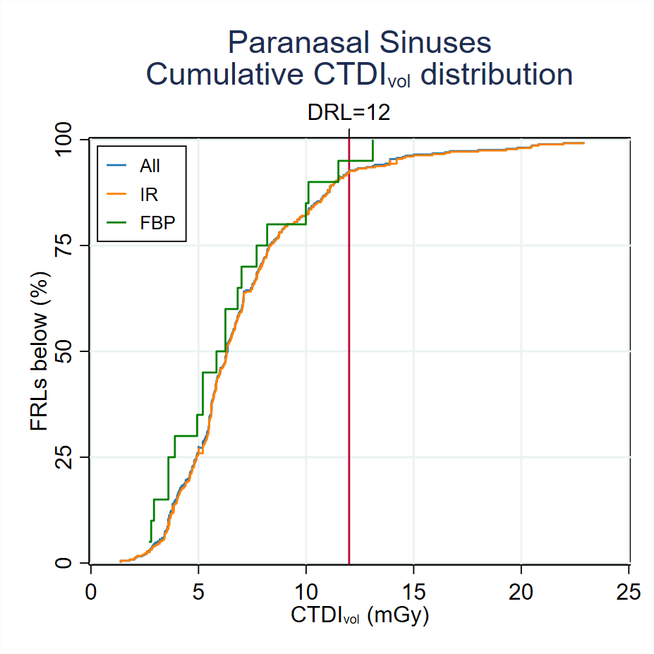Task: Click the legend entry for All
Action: [150, 166]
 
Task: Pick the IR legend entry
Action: [147, 194]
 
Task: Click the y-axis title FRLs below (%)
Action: [40, 351]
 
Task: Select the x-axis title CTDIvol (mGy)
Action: [359, 616]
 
